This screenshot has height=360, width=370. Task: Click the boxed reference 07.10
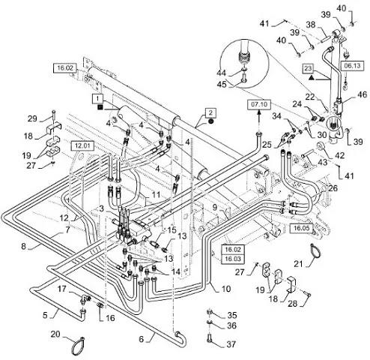click(x=259, y=104)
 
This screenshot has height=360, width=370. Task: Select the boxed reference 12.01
click(x=82, y=145)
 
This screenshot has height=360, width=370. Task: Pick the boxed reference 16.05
click(x=301, y=228)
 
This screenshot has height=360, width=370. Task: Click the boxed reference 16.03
click(x=233, y=259)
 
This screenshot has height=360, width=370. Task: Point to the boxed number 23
click(x=309, y=68)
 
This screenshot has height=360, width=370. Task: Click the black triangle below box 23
click(x=311, y=78)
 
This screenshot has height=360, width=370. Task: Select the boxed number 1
click(x=97, y=98)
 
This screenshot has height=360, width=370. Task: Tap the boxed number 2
click(x=210, y=112)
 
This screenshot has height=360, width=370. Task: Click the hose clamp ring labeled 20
click(x=77, y=346)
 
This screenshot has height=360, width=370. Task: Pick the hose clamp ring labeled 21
click(x=315, y=250)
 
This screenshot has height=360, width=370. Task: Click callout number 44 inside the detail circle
click(x=221, y=73)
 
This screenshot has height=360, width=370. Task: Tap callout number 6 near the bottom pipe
click(x=142, y=339)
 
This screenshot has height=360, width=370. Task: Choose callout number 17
click(x=61, y=289)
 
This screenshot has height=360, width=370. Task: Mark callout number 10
click(x=226, y=289)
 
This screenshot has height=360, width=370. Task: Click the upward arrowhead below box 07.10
click(x=259, y=112)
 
